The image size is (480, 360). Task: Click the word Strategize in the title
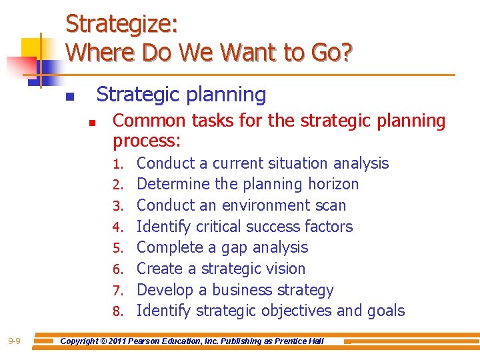[121, 24]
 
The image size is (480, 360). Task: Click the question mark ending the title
[345, 51]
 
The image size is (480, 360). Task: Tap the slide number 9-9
[14, 341]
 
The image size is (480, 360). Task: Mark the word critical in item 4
[218, 227]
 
